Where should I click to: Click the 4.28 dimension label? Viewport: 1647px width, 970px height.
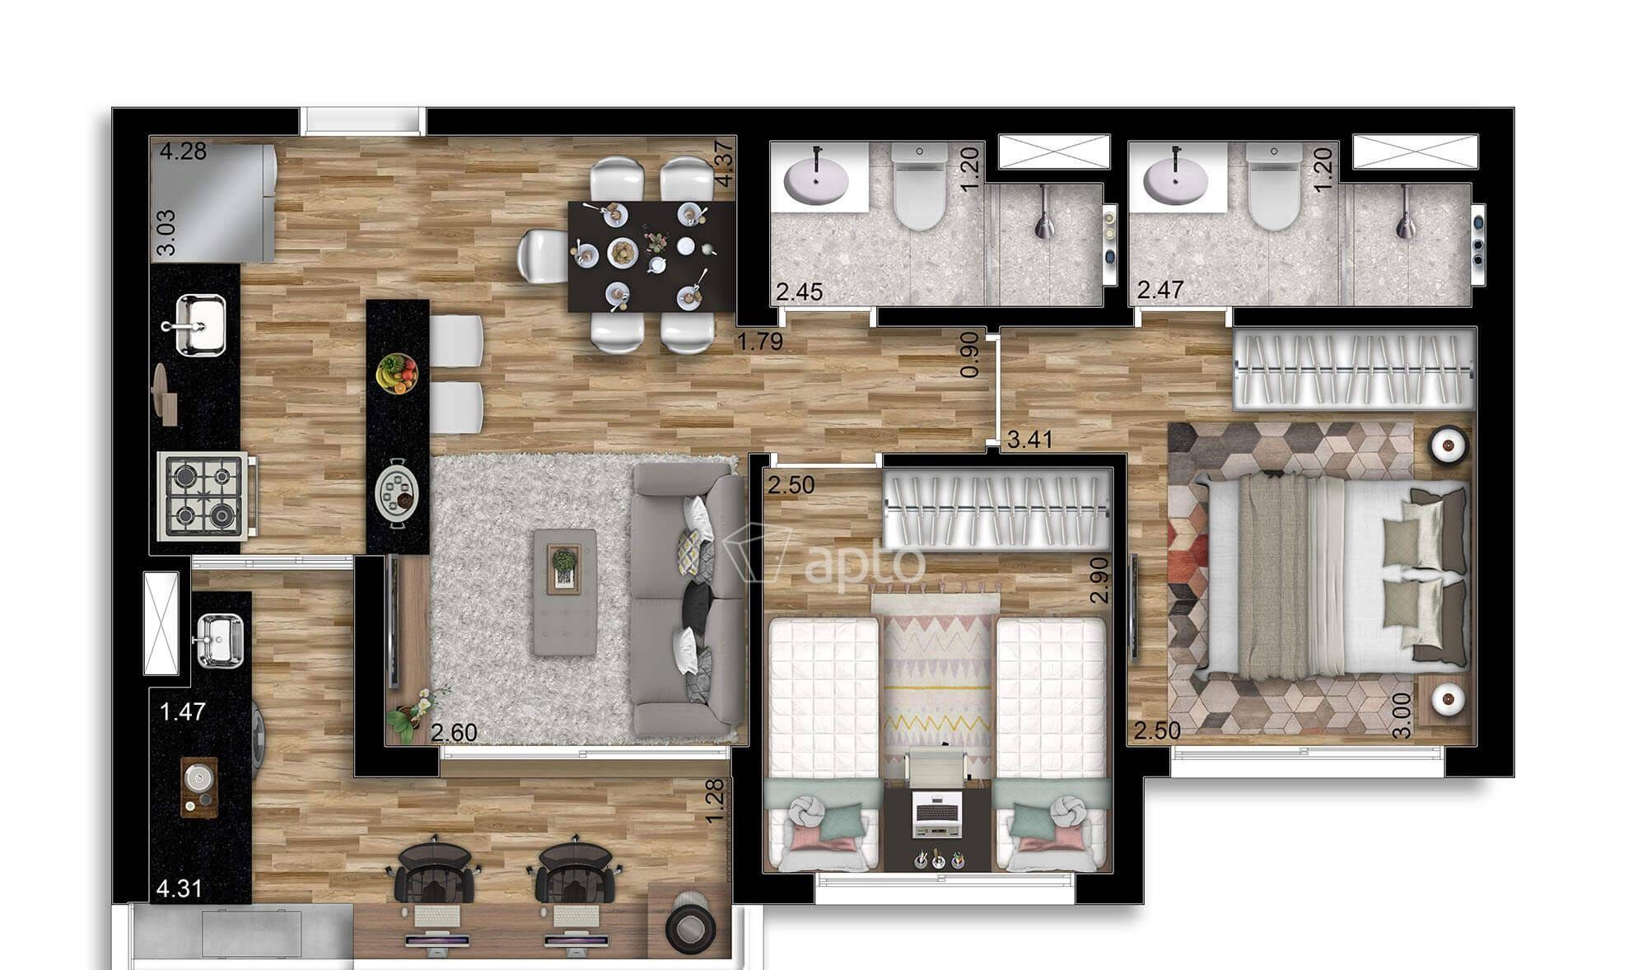[x=183, y=152]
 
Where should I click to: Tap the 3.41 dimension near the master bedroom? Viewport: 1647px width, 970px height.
[x=1030, y=440]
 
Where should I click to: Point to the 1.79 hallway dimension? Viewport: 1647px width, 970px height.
[x=759, y=341]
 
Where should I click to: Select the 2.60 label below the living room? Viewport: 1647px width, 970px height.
[x=454, y=732]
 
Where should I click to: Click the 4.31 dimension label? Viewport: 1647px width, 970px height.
[x=179, y=888]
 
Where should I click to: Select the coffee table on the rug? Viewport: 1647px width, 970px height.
[x=565, y=592]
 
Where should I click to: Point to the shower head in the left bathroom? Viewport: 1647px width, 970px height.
[x=1044, y=212]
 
